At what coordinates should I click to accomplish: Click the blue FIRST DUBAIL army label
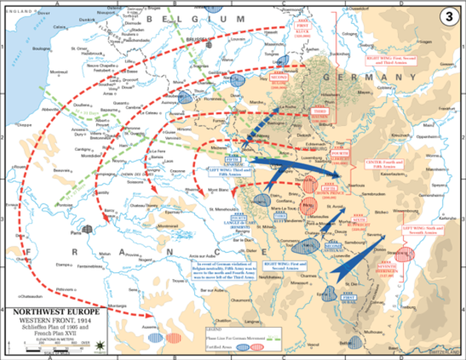click(x=349, y=298)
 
